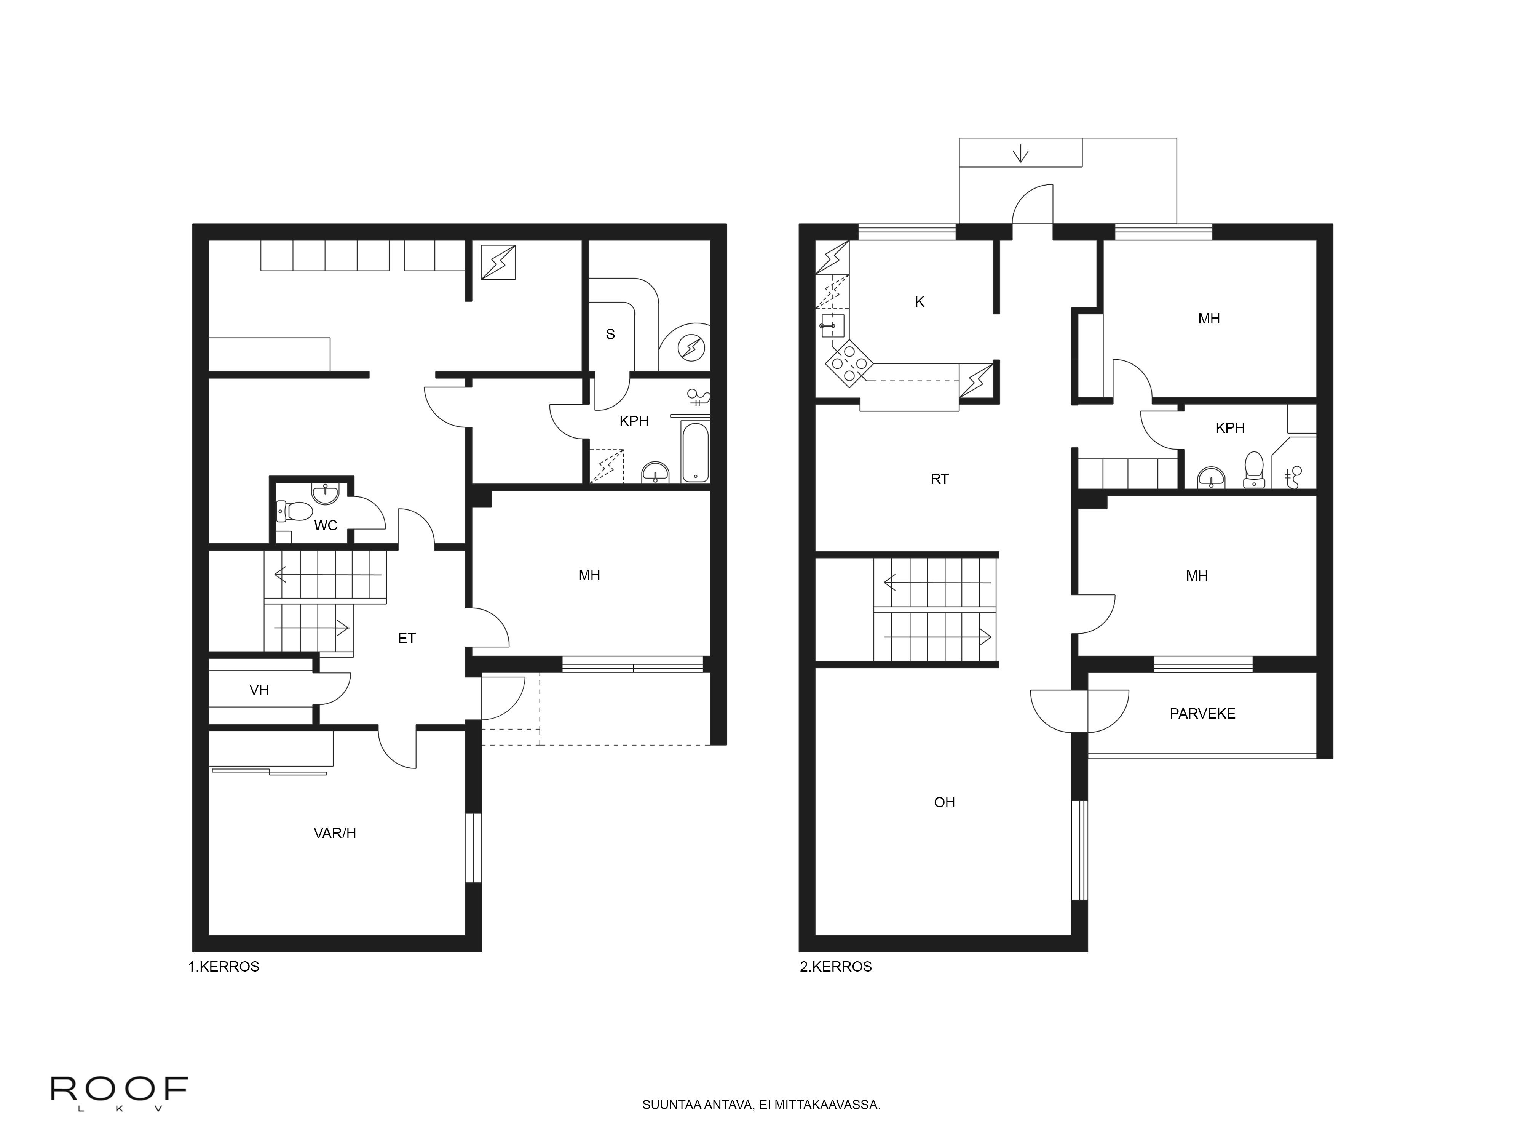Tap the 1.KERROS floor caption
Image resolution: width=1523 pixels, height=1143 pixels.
(x=224, y=967)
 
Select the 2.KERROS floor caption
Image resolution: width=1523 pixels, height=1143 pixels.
(x=836, y=967)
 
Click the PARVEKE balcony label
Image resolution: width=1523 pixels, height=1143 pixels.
(x=1202, y=714)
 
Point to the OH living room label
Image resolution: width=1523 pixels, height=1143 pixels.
(x=945, y=802)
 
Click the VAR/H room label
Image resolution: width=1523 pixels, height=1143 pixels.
(x=335, y=833)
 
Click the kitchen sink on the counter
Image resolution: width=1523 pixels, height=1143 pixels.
(x=831, y=325)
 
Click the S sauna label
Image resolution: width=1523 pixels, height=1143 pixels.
(x=610, y=334)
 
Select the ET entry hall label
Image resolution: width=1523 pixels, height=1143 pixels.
(x=407, y=638)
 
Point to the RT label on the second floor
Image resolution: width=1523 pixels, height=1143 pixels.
(x=939, y=479)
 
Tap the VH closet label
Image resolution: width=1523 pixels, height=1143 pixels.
(x=259, y=690)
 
